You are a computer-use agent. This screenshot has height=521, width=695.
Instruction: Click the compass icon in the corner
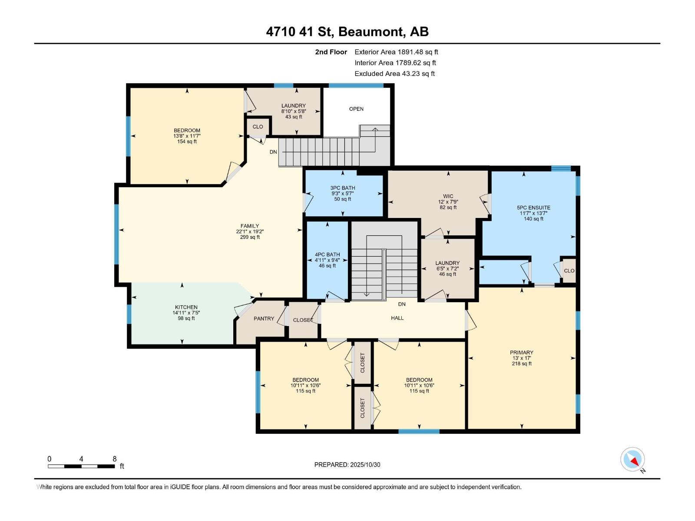[633, 459]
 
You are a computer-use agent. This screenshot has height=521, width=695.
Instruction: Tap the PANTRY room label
[264, 319]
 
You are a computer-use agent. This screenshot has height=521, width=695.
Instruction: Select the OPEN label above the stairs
[356, 109]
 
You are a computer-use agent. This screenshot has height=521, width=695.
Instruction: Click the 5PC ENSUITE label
[533, 208]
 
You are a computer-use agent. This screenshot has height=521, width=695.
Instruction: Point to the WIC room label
[448, 196]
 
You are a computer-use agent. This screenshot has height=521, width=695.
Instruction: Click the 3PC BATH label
[343, 188]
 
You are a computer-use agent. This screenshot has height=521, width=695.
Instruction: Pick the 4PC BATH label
[327, 255]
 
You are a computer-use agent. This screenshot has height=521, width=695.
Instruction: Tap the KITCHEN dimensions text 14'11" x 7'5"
[186, 313]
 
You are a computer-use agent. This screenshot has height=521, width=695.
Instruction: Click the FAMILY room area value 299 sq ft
[250, 237]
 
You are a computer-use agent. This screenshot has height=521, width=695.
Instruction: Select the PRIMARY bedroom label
[521, 353]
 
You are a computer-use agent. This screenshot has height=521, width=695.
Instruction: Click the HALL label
[397, 318]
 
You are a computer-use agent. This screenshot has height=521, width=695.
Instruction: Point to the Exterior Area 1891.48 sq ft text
[396, 52]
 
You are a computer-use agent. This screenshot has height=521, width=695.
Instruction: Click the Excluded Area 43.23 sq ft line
[394, 74]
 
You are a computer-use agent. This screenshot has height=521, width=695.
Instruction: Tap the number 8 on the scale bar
[115, 459]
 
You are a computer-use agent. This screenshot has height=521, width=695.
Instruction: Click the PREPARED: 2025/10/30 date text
[347, 465]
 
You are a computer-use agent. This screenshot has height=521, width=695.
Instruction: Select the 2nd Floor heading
[331, 52]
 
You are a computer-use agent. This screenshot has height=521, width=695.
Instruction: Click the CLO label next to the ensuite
[569, 270]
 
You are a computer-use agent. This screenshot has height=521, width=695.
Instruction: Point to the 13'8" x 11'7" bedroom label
[187, 136]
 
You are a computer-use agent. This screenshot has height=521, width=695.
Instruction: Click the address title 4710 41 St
[299, 32]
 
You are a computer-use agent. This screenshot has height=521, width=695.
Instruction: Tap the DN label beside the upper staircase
[273, 152]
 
